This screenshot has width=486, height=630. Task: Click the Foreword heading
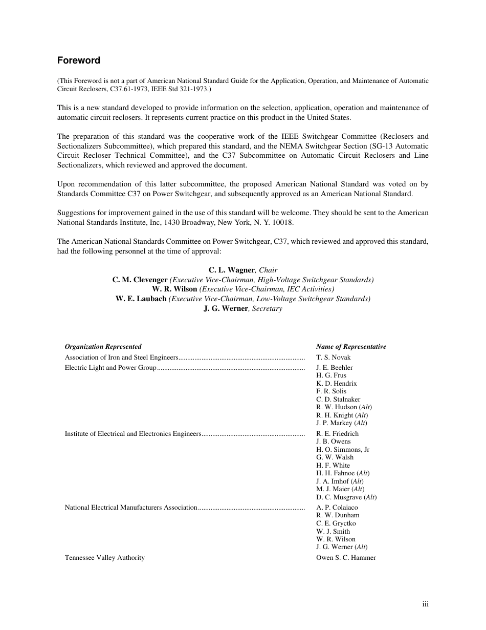pyautogui.click(x=78, y=60)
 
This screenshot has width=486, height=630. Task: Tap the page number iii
pyautogui.click(x=425, y=604)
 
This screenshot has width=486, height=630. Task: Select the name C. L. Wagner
pyautogui.click(x=231, y=270)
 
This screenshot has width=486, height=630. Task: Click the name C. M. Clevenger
pyautogui.click(x=140, y=280)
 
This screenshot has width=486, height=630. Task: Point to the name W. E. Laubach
pyautogui.click(x=141, y=299)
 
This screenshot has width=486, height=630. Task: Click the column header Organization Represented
pyautogui.click(x=103, y=347)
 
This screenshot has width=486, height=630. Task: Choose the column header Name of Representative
pyautogui.click(x=351, y=347)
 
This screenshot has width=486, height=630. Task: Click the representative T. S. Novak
pyautogui.click(x=334, y=358)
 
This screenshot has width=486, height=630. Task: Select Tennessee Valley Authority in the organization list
pyautogui.click(x=104, y=558)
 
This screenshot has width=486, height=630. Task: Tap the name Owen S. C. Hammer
pyautogui.click(x=346, y=558)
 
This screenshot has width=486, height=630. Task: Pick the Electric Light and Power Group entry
pyautogui.click(x=110, y=368)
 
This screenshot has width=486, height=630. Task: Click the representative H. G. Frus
pyautogui.click(x=331, y=375)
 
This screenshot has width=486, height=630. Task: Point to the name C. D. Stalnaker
pyautogui.click(x=338, y=400)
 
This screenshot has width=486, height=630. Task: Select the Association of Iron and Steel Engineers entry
pyautogui.click(x=121, y=358)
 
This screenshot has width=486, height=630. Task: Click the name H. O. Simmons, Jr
pyautogui.click(x=343, y=450)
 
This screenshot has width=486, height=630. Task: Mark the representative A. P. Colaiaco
pyautogui.click(x=337, y=508)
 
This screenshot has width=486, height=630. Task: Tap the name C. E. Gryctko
pyautogui.click(x=336, y=523)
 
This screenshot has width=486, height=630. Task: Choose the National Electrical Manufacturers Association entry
pyautogui.click(x=130, y=508)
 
